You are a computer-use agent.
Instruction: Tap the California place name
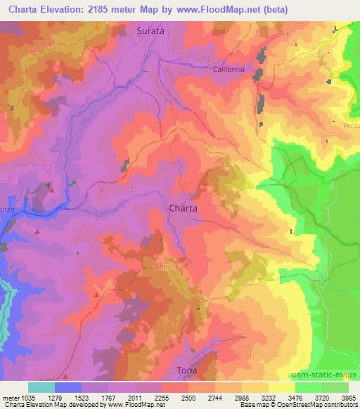(229, 70)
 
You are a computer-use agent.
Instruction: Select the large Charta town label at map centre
(183, 209)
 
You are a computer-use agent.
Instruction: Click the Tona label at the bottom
(186, 370)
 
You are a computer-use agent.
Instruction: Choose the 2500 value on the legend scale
(188, 396)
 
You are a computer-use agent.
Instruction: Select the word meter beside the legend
(8, 396)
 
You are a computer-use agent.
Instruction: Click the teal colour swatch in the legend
(41, 387)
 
